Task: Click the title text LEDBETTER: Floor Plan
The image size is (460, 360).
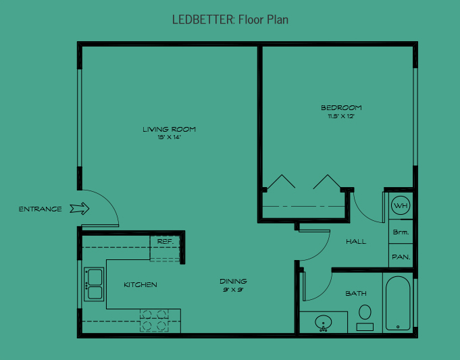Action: tap(230, 20)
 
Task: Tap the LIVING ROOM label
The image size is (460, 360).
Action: tap(170, 129)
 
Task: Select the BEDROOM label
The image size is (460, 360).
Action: tap(341, 107)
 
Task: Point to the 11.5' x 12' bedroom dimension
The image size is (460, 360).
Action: tap(341, 116)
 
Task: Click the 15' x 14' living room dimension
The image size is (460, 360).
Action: tap(170, 137)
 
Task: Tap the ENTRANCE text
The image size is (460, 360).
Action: tap(41, 209)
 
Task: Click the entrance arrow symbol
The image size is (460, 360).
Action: tap(80, 209)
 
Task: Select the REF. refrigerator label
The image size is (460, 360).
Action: tap(165, 241)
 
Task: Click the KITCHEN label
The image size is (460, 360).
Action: tap(140, 285)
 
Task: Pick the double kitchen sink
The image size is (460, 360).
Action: tap(93, 284)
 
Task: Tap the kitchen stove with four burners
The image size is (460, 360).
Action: tap(153, 319)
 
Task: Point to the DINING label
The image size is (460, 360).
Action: tap(233, 281)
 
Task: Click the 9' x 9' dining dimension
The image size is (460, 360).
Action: tap(233, 290)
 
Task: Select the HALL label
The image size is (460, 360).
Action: tap(356, 241)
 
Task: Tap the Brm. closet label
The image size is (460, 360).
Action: tap(401, 232)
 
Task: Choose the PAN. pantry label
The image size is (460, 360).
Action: tap(401, 257)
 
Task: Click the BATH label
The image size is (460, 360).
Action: tap(356, 294)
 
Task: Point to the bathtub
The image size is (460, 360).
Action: tap(398, 303)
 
